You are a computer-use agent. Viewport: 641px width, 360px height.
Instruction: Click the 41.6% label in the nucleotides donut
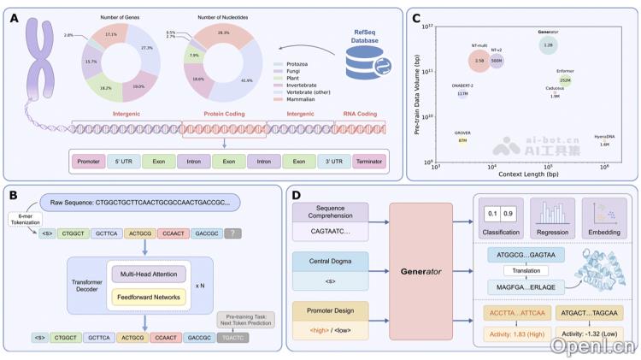click(249, 80)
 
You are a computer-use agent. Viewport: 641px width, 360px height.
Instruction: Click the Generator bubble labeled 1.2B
click(548, 44)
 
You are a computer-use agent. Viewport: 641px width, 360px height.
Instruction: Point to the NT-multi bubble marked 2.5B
click(480, 62)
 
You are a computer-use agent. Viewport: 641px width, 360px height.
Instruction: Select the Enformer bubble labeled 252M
click(565, 81)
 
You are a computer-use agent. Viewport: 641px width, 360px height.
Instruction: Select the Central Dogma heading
click(330, 256)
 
